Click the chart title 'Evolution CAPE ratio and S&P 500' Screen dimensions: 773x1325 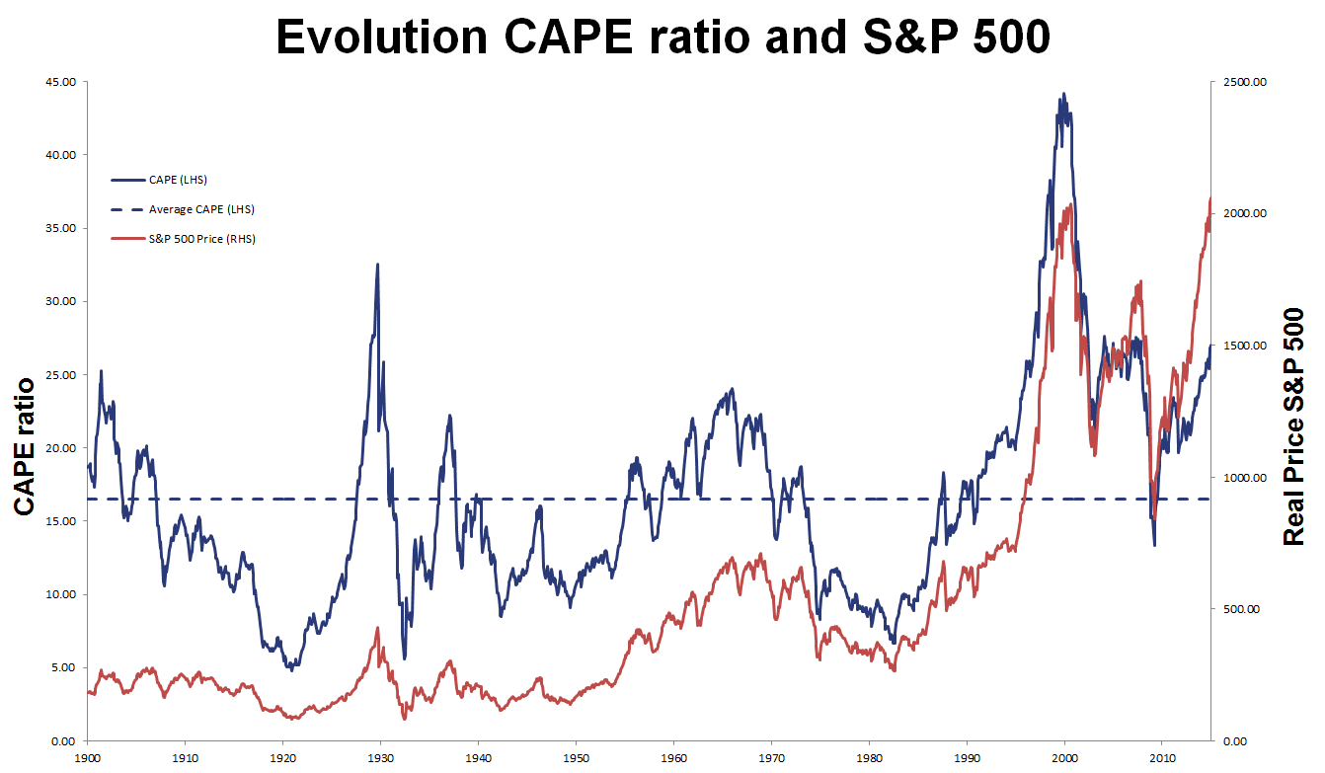[x=662, y=37]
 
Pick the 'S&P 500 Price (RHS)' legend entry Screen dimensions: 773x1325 [x=201, y=239]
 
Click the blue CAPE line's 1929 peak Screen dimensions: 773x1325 [x=377, y=265]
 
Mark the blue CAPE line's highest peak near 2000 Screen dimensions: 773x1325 [x=1063, y=95]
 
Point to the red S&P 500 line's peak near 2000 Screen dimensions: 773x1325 [x=1069, y=206]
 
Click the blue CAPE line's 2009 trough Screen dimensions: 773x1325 [x=1153, y=545]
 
